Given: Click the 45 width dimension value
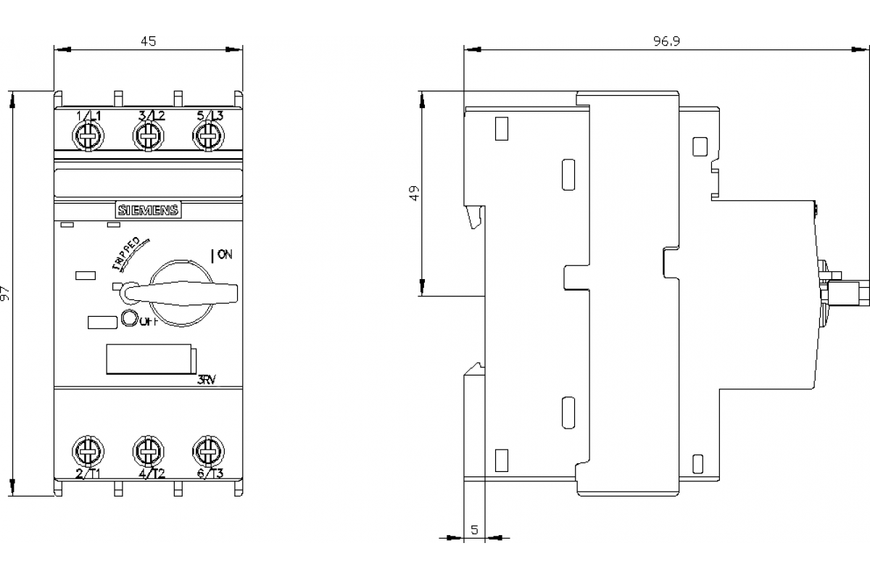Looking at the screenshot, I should coord(148,42).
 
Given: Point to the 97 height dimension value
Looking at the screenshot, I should coord(7,293).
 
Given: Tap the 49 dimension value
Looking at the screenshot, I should coord(413,194).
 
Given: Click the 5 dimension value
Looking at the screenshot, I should coord(474,530).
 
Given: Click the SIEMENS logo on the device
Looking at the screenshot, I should coord(149,210).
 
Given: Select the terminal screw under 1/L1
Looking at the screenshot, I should coord(88,136).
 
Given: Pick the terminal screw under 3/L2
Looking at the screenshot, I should coord(148,136).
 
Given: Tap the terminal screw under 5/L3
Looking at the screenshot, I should coord(208,136).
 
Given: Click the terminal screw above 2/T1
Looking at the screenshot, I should coord(88,452).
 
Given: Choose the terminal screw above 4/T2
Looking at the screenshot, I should coord(148,452).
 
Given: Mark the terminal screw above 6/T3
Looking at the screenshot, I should coord(208,452).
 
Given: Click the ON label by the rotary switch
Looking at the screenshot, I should coord(224,254).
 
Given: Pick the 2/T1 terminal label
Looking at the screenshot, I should coord(88,474).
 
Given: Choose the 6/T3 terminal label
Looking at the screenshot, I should coord(210,474).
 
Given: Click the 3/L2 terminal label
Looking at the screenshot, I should coord(151,116).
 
